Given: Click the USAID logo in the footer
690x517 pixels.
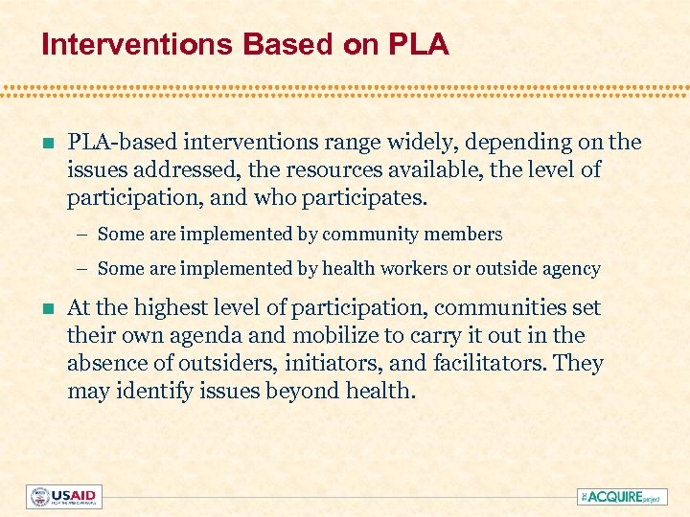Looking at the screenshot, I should pyautogui.click(x=64, y=497).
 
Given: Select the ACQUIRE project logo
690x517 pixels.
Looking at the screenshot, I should pyautogui.click(x=622, y=497).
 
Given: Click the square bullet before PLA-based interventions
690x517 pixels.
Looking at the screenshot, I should pyautogui.click(x=37, y=144).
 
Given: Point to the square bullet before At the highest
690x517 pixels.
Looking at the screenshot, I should pyautogui.click(x=37, y=309).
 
